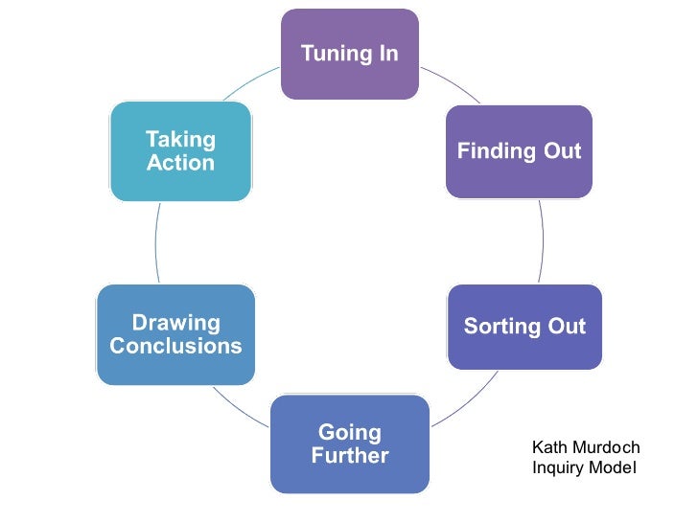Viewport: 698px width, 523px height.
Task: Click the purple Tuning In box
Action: (350, 55)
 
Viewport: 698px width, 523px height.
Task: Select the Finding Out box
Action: (519, 151)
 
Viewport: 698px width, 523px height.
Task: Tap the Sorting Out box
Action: (524, 327)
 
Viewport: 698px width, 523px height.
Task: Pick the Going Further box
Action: (350, 443)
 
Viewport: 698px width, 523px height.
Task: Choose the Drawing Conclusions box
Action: (175, 334)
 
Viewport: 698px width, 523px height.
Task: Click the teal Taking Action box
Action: (180, 151)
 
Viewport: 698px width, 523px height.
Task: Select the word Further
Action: (350, 456)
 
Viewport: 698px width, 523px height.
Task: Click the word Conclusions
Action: (175, 347)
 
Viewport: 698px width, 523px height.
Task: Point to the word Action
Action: (180, 164)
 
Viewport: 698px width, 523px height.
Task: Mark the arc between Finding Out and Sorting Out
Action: (542, 239)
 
